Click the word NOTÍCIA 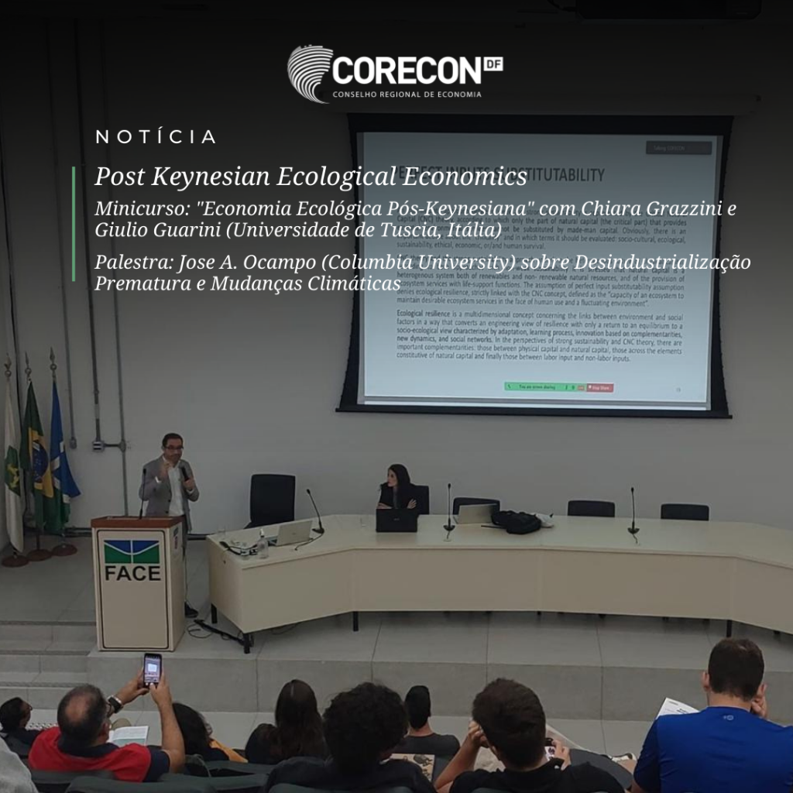pos(156,138)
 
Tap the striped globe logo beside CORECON pos(309,73)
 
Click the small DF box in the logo pos(493,64)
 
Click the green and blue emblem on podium pos(132,551)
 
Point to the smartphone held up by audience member pos(152,669)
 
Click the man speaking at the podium pos(169,480)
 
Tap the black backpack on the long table pos(517,521)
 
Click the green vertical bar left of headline pos(74,223)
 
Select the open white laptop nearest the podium pos(291,532)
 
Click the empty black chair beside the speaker pos(272,499)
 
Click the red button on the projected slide pos(599,386)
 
